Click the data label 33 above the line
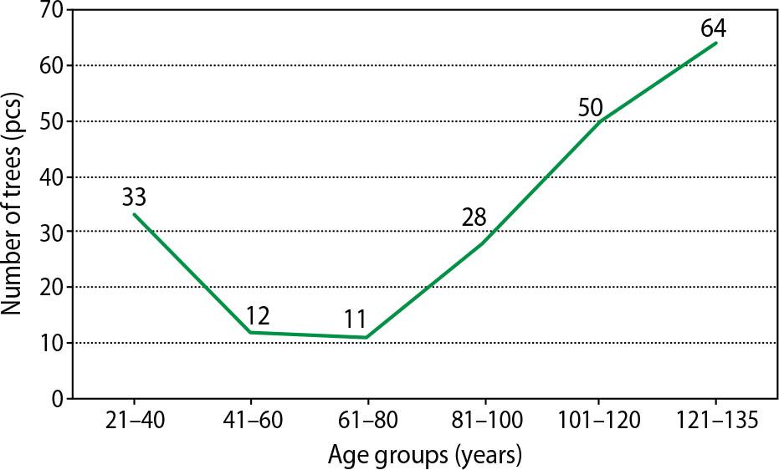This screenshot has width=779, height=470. coord(134,198)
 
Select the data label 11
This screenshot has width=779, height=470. coord(355,319)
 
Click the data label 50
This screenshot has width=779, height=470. coord(590,107)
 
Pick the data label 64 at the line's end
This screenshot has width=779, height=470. coord(713,28)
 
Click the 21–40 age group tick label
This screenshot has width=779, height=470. coord(133,421)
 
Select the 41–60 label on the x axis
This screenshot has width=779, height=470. coord(249,421)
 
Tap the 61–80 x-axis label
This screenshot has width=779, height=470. coord(366,421)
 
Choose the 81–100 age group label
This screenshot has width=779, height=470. coord(482,421)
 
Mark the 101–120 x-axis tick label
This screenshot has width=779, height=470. coord(598,421)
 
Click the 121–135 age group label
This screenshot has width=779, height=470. coord(715,421)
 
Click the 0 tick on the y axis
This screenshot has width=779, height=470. coord(58,399)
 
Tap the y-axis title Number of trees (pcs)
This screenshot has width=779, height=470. coord(14,205)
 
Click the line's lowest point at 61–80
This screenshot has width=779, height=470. coord(366,338)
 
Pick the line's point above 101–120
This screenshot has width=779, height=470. coord(598,122)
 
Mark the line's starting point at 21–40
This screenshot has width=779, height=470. coord(133,214)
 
